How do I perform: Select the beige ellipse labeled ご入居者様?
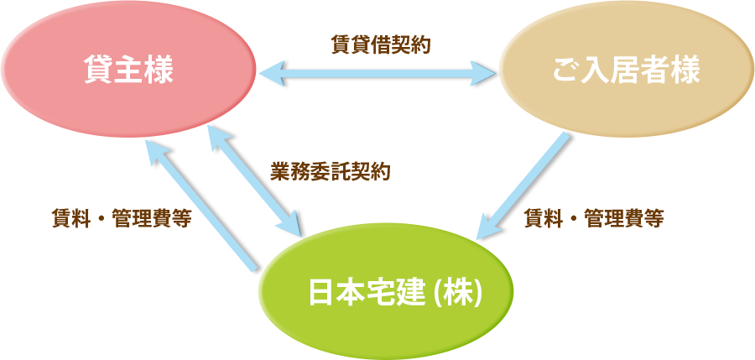tap(625, 71)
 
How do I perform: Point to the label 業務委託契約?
tap(331, 172)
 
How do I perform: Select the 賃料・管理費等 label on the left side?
tap(121, 219)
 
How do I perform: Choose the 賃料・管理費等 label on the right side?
tap(594, 219)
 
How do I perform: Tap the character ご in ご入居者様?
tap(566, 72)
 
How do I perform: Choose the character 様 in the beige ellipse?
tap(685, 72)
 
